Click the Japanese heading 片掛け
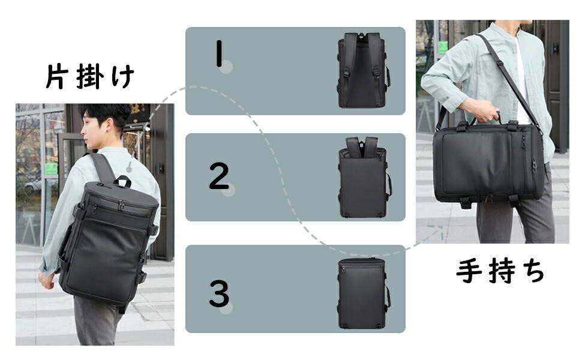coord(89,76)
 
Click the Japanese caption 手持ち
coord(500,271)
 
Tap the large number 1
coord(220,53)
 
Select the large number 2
coord(219,176)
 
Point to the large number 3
coord(219,293)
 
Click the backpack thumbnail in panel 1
coord(364,70)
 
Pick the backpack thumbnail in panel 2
coord(364,177)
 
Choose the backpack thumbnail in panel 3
coord(364,293)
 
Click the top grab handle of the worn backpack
coord(122,181)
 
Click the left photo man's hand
coord(46,281)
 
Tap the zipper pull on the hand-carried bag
coord(534,166)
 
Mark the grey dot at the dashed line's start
coord(129,169)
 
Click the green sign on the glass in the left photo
coord(51,169)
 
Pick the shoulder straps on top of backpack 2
coord(362,145)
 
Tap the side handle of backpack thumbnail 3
coord(388,296)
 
